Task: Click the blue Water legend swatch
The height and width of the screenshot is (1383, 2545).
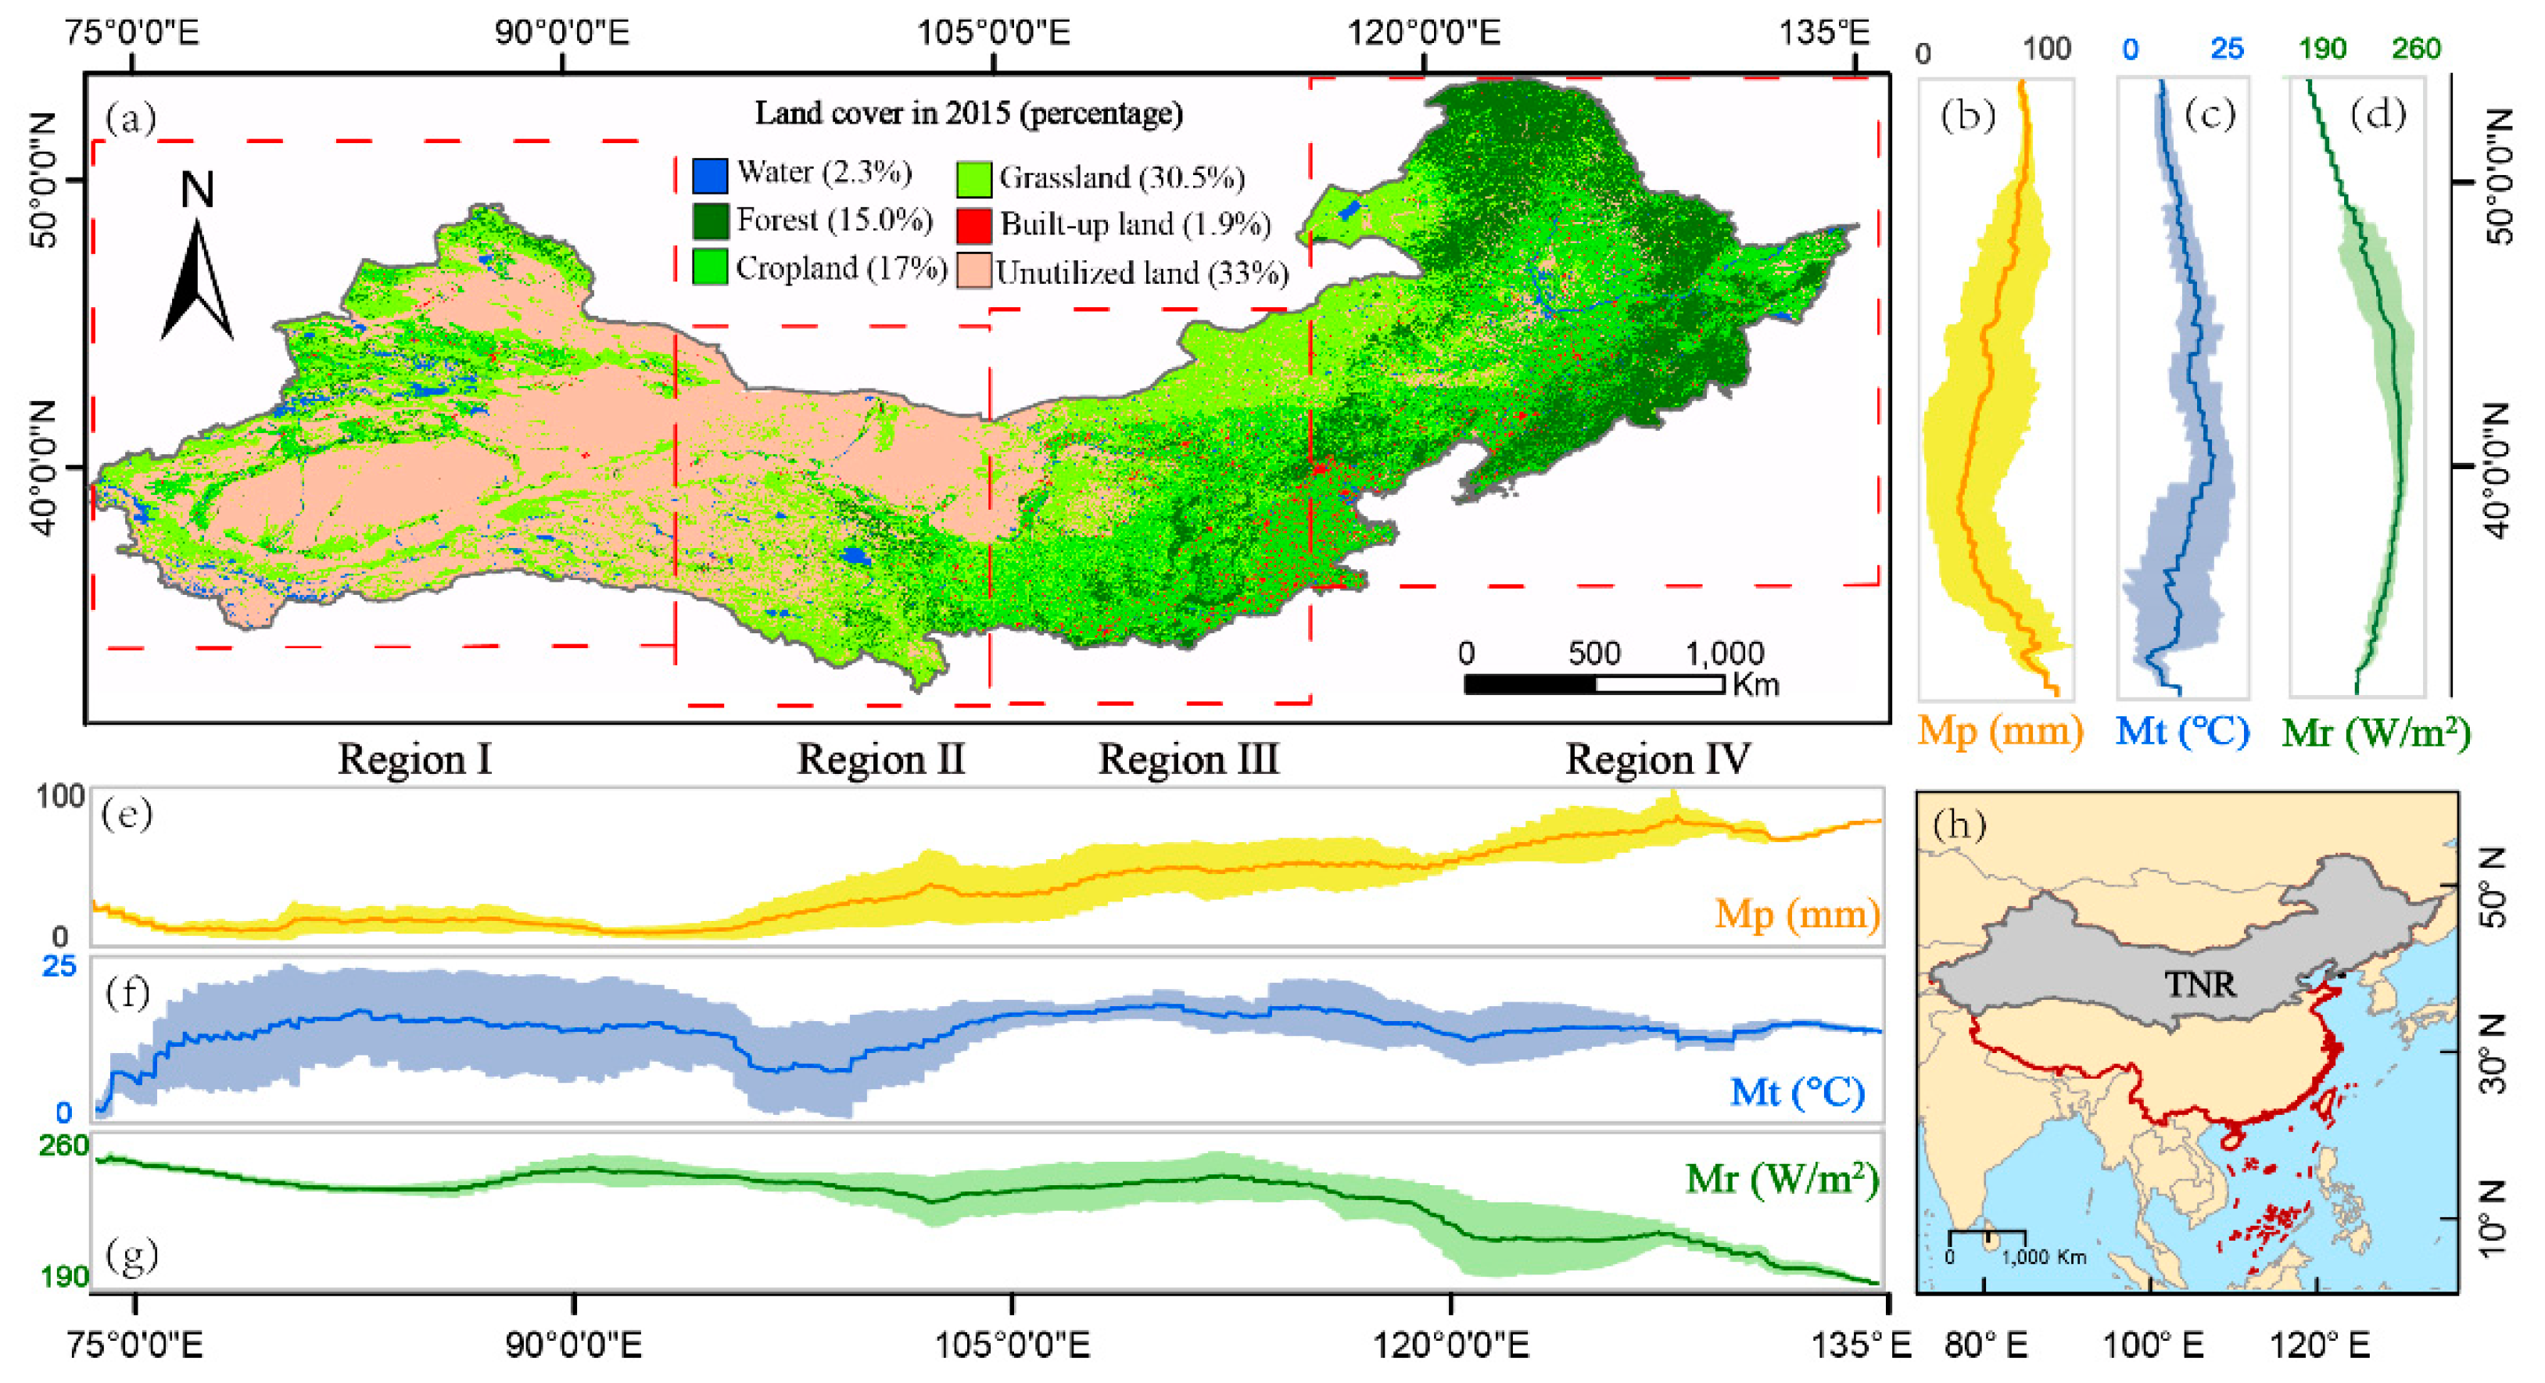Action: [x=709, y=175]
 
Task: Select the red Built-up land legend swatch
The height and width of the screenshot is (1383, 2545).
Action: [x=973, y=225]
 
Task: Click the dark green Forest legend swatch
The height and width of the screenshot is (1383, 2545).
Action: [x=709, y=221]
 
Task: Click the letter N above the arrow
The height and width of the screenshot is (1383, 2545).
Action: [x=198, y=190]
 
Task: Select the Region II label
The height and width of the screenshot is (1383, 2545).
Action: [x=880, y=760]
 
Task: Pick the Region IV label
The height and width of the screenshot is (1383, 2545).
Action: [x=1657, y=760]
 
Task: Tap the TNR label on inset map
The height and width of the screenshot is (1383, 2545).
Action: [x=2200, y=984]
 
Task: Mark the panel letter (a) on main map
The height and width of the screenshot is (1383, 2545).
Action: [x=131, y=119]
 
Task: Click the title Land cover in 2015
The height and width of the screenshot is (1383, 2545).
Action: [x=968, y=113]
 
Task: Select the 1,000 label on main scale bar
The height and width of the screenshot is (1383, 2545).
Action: [x=1724, y=653]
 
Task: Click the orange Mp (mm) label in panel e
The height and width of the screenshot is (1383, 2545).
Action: [x=1796, y=913]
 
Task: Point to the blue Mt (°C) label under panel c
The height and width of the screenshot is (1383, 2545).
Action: [x=2182, y=731]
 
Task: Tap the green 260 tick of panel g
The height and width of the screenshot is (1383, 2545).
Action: [x=63, y=1145]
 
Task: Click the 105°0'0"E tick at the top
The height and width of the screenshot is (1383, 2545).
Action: [x=993, y=33]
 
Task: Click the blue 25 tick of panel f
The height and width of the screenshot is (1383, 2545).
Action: [x=59, y=966]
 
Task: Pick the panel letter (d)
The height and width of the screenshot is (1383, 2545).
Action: [x=2377, y=116]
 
